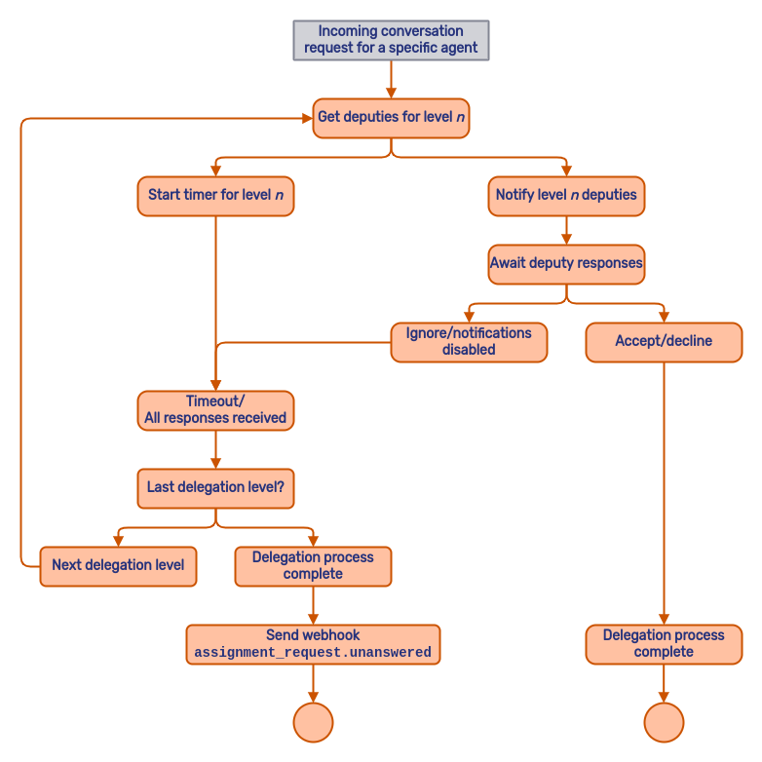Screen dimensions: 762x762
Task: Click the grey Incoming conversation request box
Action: tap(391, 40)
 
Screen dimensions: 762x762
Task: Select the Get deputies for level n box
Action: tap(391, 118)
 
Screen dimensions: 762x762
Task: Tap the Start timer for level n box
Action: tap(215, 196)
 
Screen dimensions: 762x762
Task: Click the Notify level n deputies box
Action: tap(566, 196)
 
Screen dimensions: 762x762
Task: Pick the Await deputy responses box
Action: tap(566, 264)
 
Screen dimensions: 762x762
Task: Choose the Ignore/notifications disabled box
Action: tap(469, 342)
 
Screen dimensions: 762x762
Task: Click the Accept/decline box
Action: tap(664, 342)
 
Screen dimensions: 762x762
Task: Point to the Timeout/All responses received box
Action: tap(215, 410)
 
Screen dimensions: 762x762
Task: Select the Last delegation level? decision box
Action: tap(215, 488)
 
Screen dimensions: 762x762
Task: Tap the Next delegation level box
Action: tap(118, 566)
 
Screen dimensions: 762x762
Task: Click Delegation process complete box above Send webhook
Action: tap(313, 566)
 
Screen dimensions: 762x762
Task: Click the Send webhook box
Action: tap(313, 644)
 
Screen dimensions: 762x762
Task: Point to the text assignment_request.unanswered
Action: tap(313, 653)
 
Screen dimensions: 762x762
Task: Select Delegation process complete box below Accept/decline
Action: tap(664, 644)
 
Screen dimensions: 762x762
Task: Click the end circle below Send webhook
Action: tap(313, 722)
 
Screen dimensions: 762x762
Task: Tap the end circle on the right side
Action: tap(664, 722)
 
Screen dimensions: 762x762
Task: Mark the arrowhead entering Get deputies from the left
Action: tap(307, 118)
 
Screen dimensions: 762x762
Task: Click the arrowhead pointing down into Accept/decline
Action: tap(664, 317)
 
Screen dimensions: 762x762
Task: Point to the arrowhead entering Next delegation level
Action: tap(118, 541)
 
